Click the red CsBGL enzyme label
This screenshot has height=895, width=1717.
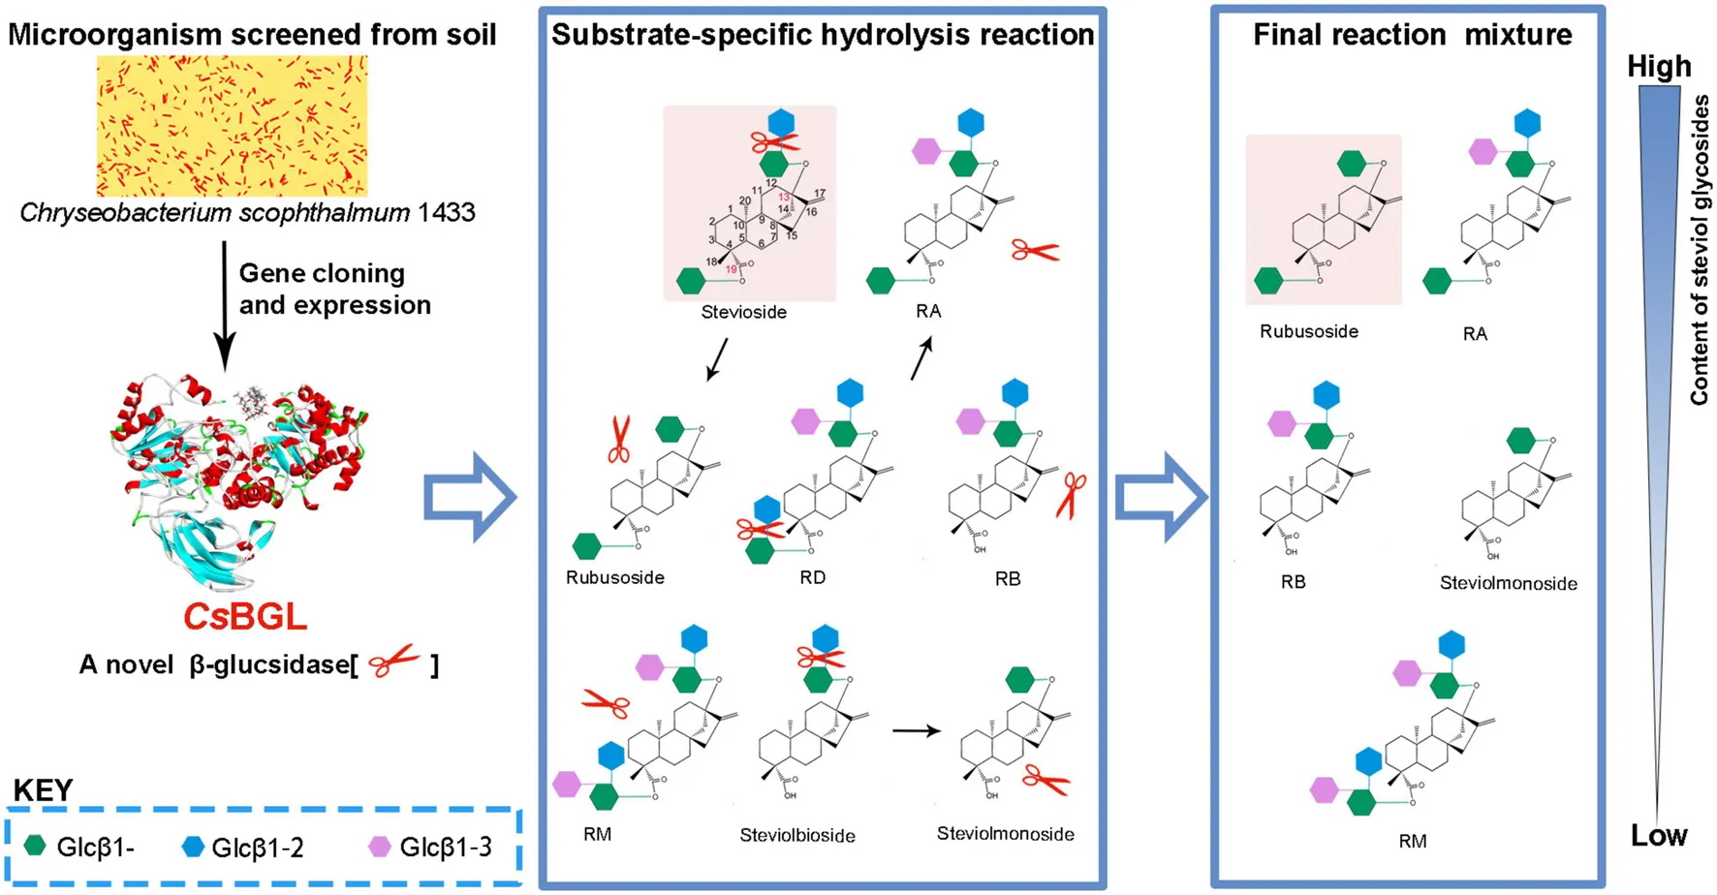pyautogui.click(x=245, y=617)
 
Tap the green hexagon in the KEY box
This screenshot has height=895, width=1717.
pyautogui.click(x=35, y=846)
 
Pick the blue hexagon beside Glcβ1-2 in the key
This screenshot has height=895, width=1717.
pyautogui.click(x=193, y=847)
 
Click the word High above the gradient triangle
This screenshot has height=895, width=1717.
pyautogui.click(x=1659, y=66)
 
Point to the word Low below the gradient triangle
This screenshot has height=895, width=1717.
pyautogui.click(x=1659, y=835)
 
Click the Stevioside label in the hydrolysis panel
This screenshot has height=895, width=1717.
pyautogui.click(x=743, y=312)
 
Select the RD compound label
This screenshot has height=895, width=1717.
pyautogui.click(x=812, y=577)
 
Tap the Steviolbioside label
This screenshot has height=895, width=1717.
pyautogui.click(x=796, y=835)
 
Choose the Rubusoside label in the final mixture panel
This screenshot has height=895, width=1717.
pyautogui.click(x=1308, y=331)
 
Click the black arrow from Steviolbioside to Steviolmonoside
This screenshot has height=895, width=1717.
pyautogui.click(x=916, y=730)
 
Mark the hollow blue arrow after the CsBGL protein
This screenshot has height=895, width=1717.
pyautogui.click(x=469, y=497)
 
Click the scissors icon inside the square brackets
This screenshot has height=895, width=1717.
pyautogui.click(x=394, y=663)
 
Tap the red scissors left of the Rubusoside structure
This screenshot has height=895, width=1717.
pyautogui.click(x=619, y=440)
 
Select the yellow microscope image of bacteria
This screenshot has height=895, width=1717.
pyautogui.click(x=232, y=126)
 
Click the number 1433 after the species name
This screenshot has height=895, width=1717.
pyautogui.click(x=446, y=213)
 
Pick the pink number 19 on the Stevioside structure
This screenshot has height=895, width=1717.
pyautogui.click(x=731, y=269)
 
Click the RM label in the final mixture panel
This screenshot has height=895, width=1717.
pyautogui.click(x=1412, y=841)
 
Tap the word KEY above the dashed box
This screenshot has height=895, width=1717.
pyautogui.click(x=44, y=790)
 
